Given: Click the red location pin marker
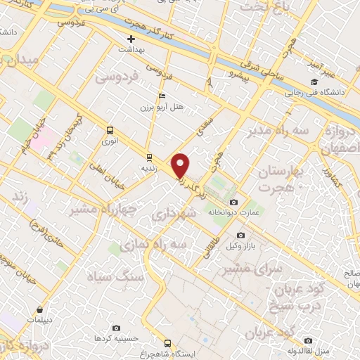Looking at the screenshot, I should (x=181, y=165).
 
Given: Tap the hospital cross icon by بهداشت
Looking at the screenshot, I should (x=130, y=39).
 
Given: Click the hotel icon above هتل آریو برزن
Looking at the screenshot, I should (x=163, y=96).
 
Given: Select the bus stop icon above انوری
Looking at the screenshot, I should (x=110, y=129).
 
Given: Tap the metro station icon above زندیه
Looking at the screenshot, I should (x=149, y=157).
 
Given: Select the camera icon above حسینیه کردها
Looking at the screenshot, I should (x=116, y=328).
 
